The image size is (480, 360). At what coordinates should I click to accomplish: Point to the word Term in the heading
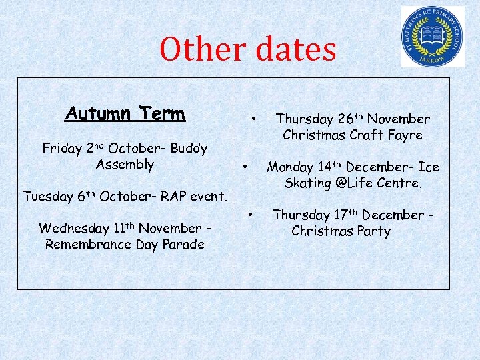[160, 114]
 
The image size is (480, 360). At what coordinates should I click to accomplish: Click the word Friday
[62, 148]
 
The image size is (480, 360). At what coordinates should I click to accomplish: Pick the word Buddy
[189, 148]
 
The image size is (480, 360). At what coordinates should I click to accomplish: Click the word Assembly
[125, 164]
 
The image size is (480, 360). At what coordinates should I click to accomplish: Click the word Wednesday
[73, 229]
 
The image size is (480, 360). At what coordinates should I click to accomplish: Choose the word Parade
[181, 245]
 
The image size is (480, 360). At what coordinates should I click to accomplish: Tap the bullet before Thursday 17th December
[251, 215]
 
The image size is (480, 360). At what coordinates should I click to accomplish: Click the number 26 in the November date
[345, 119]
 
